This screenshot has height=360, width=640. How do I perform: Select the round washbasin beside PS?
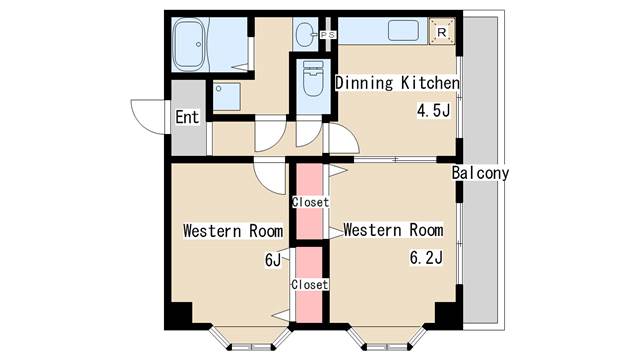tap(305, 36)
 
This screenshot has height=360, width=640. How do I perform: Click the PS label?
tap(327, 36)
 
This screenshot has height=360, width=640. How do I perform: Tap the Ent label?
tap(187, 117)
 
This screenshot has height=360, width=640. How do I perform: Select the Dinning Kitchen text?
tap(397, 83)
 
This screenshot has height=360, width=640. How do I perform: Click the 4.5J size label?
tap(433, 110)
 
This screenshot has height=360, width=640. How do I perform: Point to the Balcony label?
tap(480, 173)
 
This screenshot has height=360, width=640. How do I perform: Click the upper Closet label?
tap(309, 202)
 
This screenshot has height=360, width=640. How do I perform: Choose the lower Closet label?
tap(309, 284)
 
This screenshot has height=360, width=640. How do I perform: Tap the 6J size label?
tap(272, 261)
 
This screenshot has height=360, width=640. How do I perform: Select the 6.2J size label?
tap(427, 258)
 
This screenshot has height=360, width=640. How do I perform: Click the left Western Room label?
tap(233, 231)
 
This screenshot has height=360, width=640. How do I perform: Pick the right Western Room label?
tap(392, 230)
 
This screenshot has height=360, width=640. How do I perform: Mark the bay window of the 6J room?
tap(246, 338)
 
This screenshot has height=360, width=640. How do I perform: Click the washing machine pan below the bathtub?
tap(226, 96)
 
